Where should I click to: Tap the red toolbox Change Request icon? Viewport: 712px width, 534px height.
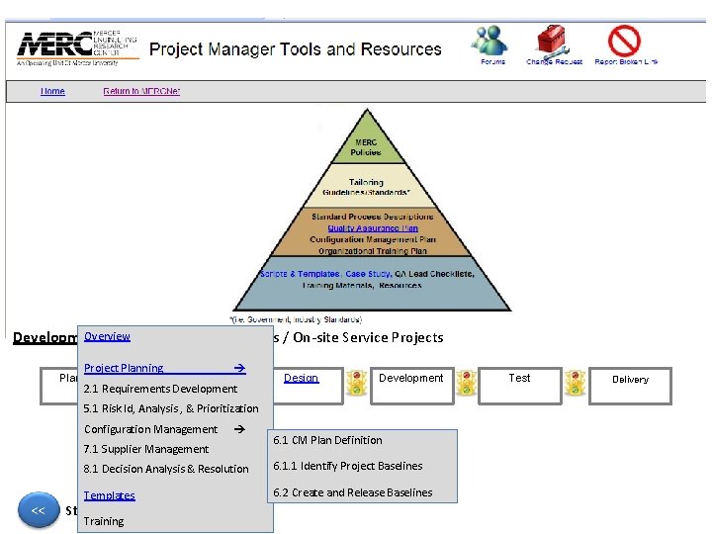tap(553, 43)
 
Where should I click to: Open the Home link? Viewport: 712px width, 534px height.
tap(52, 91)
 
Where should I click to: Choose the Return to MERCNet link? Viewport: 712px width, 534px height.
tap(141, 91)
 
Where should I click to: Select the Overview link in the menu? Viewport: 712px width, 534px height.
tap(107, 336)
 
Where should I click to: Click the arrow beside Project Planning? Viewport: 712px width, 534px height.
tap(238, 368)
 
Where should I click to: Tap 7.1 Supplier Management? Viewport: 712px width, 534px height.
tap(146, 449)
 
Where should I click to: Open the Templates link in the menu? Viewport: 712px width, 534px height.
tap(109, 495)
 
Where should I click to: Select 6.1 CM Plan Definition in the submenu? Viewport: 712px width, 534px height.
tap(328, 440)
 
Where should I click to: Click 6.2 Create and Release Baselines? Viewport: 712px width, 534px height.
tap(353, 492)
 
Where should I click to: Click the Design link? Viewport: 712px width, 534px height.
tap(301, 378)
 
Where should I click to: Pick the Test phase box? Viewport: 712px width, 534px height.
tap(519, 378)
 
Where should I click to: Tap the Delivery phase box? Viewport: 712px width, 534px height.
tap(630, 379)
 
